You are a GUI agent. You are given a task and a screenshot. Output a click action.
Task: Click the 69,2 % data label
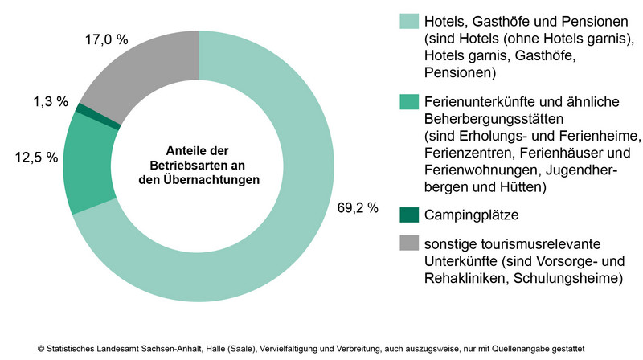tap(357, 208)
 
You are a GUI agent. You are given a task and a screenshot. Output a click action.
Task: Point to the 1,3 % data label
tap(50, 102)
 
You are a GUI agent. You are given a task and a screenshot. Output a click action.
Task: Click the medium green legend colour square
tap(408, 101)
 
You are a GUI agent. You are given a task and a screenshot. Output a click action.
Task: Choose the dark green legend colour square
tap(408, 215)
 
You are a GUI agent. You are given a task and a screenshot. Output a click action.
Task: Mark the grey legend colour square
tap(408, 243)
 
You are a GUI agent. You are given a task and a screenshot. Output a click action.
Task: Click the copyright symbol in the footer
tap(40, 349)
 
